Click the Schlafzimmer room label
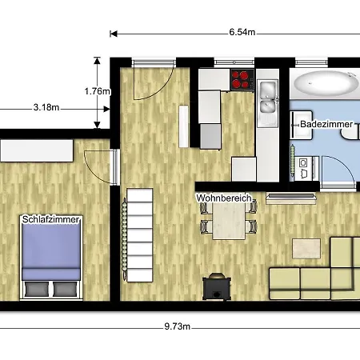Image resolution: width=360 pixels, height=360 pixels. coord(50,219)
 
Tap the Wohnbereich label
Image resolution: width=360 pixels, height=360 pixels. coord(224,198)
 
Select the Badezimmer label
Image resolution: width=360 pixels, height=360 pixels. coord(326,124)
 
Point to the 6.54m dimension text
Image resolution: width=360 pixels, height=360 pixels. coord(242,32)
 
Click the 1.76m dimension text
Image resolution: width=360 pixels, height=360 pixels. coord(97,91)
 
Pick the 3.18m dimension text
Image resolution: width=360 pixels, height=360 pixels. coord(46,107)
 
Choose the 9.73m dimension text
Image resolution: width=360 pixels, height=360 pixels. coord(177,326)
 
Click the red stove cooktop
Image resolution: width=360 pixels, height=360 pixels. coord(242,79)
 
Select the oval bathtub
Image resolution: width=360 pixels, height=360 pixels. coord(326,83)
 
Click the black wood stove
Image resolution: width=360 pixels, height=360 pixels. coord(217,286)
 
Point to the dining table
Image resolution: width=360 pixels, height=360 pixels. coord(229,221)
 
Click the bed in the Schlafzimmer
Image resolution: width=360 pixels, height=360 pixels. coord(51,258)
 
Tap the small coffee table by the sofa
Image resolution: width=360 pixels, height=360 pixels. coord(306,249)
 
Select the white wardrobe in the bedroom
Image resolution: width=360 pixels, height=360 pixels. coord(37,150)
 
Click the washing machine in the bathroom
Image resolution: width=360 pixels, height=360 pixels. coord(304,169)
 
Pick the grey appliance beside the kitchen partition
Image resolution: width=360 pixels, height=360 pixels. coord(210,136)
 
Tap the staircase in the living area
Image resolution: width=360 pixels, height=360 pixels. coord(140,235)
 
